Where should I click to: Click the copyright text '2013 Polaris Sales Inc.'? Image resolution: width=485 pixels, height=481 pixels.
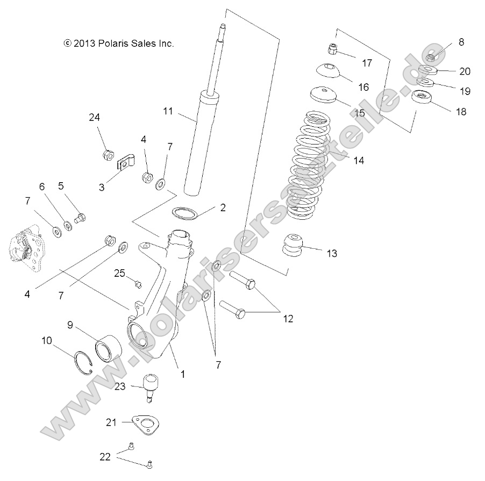pyautogui.click(x=119, y=44)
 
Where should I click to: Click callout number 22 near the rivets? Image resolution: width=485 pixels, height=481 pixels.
pyautogui.click(x=105, y=456)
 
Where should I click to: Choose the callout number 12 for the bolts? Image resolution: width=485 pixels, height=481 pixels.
pyautogui.click(x=288, y=319)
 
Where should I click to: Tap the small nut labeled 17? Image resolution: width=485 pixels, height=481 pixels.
pyautogui.click(x=333, y=50)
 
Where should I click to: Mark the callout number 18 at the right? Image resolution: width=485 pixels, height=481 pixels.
pyautogui.click(x=460, y=112)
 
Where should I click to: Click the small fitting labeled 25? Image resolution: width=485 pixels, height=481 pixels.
pyautogui.click(x=137, y=283)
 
